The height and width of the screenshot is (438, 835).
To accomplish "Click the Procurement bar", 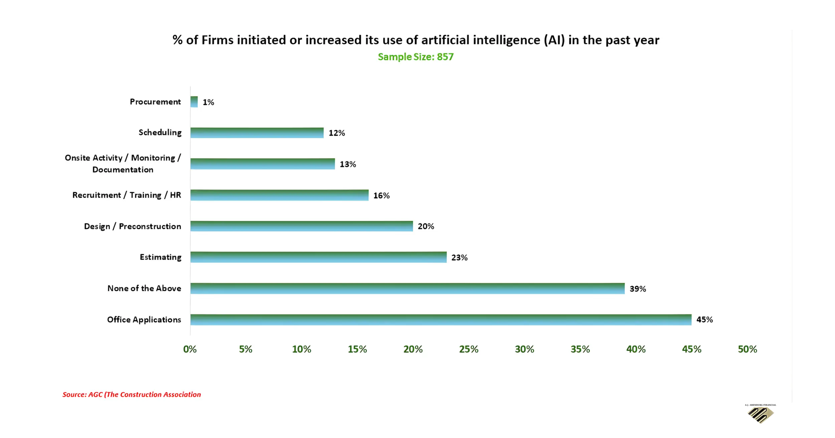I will pyautogui.click(x=194, y=102).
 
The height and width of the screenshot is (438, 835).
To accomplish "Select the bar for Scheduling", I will pyautogui.click(x=257, y=133).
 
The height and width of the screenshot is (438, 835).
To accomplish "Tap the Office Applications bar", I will pyautogui.click(x=441, y=320).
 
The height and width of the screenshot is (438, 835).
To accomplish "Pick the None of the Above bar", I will pyautogui.click(x=407, y=289).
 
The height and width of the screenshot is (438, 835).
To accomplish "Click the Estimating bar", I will pyautogui.click(x=318, y=257).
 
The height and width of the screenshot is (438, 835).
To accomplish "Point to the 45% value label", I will pyautogui.click(x=704, y=320).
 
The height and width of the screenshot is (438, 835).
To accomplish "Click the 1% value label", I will pyautogui.click(x=208, y=102).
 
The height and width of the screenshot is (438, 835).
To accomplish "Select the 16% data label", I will pyautogui.click(x=381, y=195).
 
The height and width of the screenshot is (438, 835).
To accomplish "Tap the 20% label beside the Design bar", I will pyautogui.click(x=426, y=227).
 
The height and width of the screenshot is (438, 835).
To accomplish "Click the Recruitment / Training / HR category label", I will pyautogui.click(x=127, y=195).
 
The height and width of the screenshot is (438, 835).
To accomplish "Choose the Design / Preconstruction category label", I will pyautogui.click(x=133, y=227).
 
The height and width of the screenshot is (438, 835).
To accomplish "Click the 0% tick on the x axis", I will pyautogui.click(x=190, y=349).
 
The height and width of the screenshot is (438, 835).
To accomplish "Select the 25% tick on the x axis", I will pyautogui.click(x=469, y=349).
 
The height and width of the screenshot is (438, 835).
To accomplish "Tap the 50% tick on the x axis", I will pyautogui.click(x=747, y=349).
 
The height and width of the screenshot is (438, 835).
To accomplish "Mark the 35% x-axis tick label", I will pyautogui.click(x=580, y=349).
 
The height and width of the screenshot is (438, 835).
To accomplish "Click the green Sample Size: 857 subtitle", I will pyautogui.click(x=416, y=57).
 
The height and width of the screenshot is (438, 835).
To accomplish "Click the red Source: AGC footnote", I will pyautogui.click(x=132, y=395).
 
